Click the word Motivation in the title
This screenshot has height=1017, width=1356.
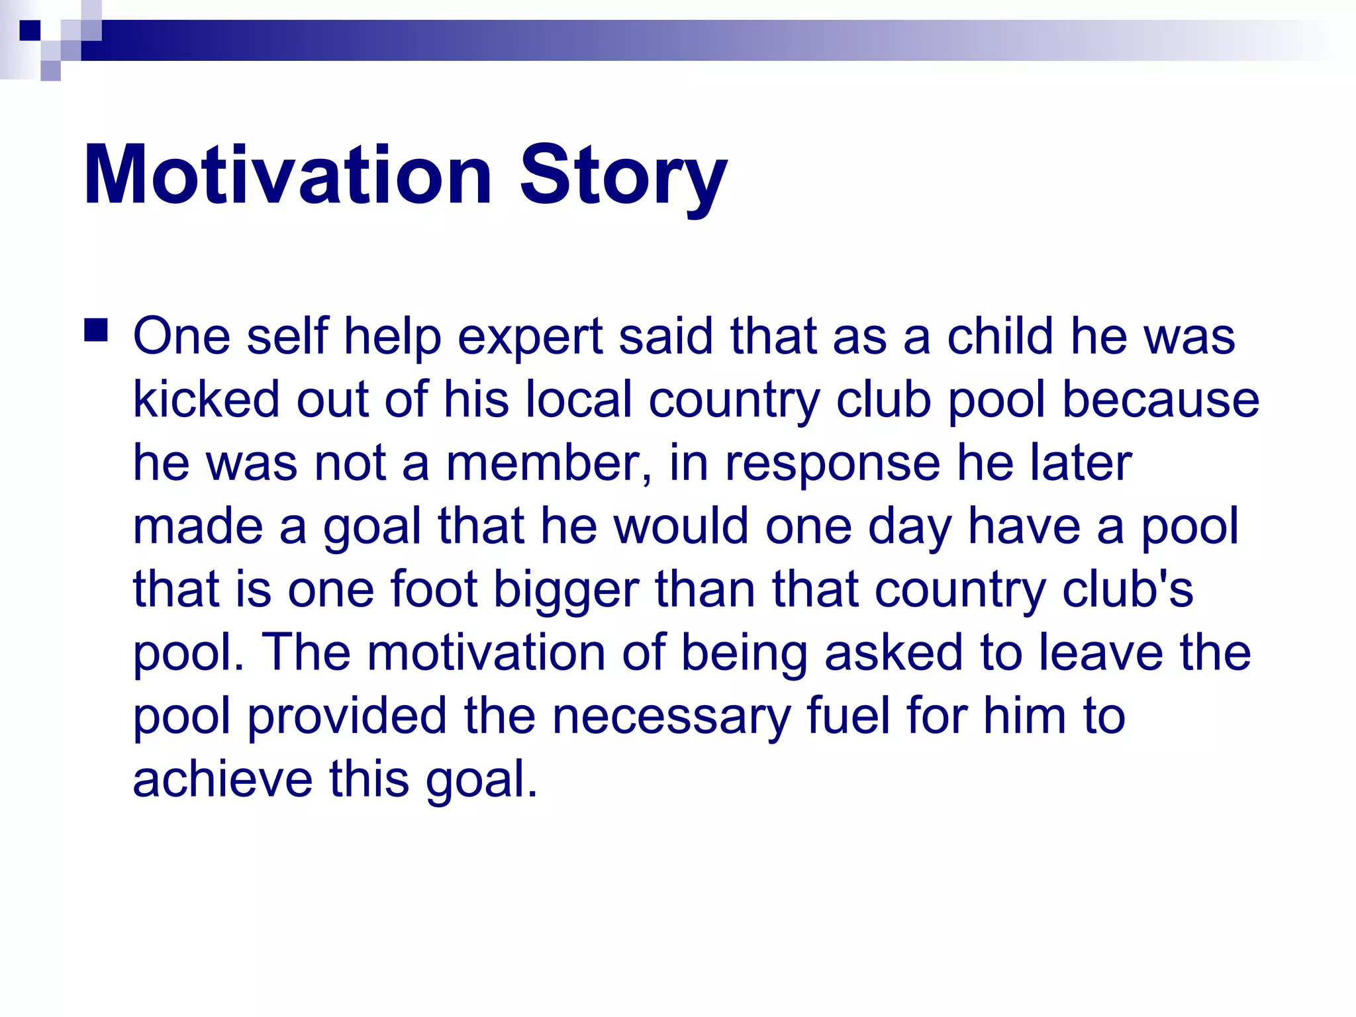click(287, 175)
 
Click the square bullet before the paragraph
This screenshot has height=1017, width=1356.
click(96, 329)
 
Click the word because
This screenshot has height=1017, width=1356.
click(1160, 399)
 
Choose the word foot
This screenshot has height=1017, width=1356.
click(434, 589)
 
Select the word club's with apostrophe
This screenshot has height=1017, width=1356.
click(1128, 589)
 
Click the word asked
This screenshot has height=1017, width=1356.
click(893, 652)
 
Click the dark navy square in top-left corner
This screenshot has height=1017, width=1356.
click(30, 30)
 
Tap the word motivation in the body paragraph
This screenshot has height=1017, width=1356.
click(487, 652)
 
